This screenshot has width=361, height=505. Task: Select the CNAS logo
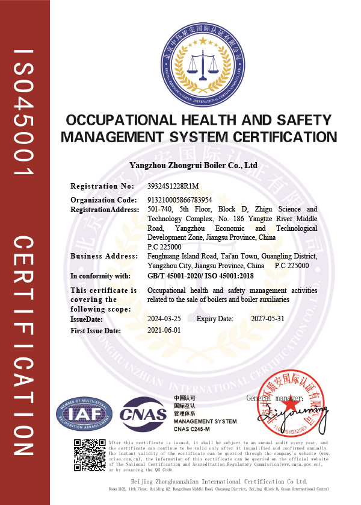click(143, 413)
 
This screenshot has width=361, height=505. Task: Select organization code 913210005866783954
click(180, 199)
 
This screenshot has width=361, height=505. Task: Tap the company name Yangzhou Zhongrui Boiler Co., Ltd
click(194, 165)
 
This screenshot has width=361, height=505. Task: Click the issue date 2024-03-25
click(164, 319)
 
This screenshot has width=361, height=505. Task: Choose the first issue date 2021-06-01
click(164, 330)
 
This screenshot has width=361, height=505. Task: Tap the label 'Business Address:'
click(104, 256)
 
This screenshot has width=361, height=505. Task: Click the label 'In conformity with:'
click(100, 276)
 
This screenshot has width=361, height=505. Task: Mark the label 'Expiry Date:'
click(215, 319)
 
